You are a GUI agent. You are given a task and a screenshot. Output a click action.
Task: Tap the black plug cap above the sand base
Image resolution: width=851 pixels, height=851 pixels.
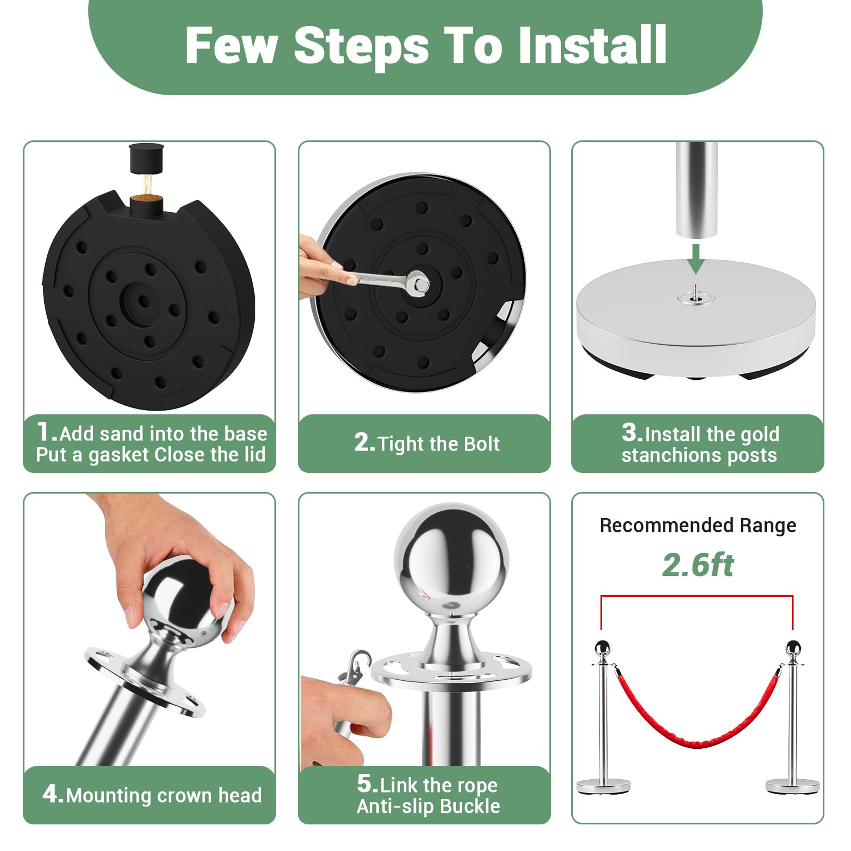pos(146,158)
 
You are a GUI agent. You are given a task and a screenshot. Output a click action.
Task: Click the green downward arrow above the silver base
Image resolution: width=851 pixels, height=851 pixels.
pos(695,258)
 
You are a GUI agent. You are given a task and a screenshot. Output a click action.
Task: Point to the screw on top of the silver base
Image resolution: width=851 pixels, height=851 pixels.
pos(695,293)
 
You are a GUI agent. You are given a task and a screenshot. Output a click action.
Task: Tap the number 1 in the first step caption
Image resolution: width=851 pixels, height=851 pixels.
pos(45,431)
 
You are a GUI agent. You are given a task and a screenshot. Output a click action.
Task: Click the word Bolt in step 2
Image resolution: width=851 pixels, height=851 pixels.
pos(482,444)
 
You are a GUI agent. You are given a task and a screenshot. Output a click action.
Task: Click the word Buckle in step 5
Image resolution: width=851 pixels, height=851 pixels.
pos(470,806)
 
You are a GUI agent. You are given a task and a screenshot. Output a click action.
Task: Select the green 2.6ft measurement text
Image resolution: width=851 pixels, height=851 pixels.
pos(698,565)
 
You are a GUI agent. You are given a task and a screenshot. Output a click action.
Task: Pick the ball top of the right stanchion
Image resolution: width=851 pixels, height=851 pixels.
pos(793,647)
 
